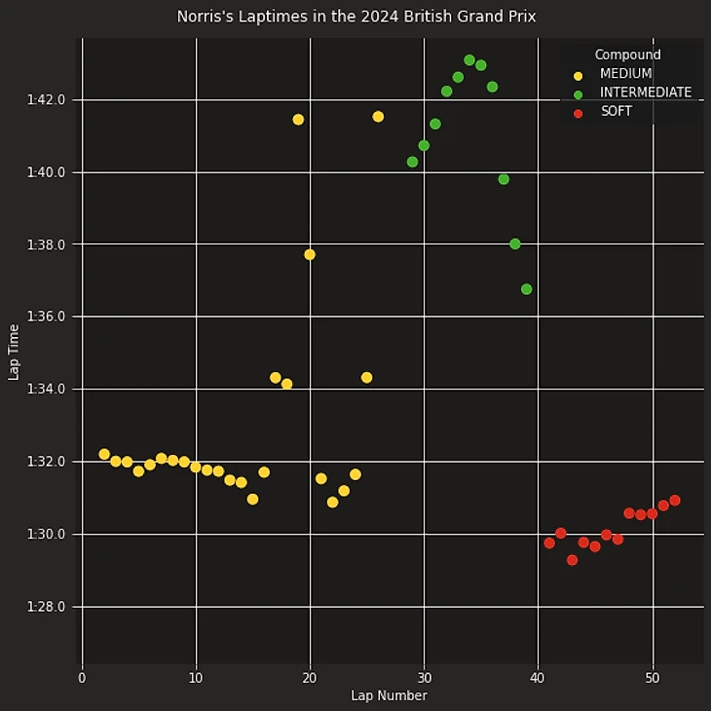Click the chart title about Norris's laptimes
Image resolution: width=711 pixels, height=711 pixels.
click(355, 17)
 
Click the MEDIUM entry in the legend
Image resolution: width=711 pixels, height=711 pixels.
click(625, 74)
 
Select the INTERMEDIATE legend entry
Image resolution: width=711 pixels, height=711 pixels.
click(645, 93)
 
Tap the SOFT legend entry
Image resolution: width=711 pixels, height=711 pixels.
click(616, 112)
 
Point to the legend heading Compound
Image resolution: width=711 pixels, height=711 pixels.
click(627, 56)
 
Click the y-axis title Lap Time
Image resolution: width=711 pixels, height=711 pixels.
click(14, 352)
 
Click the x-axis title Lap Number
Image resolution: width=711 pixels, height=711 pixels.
click(389, 695)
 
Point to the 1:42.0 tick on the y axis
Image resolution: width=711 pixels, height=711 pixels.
click(48, 100)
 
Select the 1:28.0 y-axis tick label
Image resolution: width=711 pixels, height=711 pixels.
click(48, 607)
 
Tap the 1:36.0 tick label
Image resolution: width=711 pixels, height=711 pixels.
click(48, 318)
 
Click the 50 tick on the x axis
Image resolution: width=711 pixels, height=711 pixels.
click(652, 677)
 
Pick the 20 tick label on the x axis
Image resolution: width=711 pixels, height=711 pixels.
click(310, 677)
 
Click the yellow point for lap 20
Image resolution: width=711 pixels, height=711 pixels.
click(310, 254)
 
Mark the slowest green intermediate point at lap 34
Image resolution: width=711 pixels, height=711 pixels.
click(469, 60)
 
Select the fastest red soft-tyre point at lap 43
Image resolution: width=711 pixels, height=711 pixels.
click(572, 560)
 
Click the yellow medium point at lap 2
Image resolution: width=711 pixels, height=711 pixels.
click(104, 454)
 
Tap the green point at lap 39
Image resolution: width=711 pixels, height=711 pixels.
click(526, 289)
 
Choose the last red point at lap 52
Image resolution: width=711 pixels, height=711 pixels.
click(675, 501)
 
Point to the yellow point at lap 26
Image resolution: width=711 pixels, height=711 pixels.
click(378, 117)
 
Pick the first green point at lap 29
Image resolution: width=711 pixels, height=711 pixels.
click(412, 162)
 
